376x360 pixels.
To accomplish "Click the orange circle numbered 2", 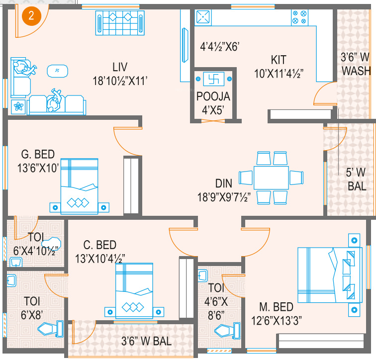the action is [31, 16].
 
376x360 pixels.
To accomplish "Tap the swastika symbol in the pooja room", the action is [213, 79].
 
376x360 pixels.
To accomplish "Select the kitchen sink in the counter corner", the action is [203, 17].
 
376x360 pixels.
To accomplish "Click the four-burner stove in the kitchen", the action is [299, 17].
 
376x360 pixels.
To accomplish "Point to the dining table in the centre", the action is [271, 178].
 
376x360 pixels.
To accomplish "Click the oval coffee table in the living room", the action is [57, 71].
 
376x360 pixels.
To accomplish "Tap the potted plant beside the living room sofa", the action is [18, 106].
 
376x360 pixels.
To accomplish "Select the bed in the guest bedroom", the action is [80, 186].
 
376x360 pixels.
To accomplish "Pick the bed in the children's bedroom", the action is [134, 291].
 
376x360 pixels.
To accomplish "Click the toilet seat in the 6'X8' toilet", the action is [51, 329].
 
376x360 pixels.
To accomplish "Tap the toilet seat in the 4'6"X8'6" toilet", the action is [227, 331].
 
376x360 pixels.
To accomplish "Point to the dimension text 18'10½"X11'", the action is [120, 81].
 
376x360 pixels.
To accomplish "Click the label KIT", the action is [279, 60].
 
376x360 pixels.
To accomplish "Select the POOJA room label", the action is [213, 96].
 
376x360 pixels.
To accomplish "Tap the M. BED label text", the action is [276, 307].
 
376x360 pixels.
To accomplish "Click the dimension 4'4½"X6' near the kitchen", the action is [220, 47].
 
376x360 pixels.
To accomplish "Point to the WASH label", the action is [356, 71].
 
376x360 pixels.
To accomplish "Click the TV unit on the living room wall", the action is [185, 45].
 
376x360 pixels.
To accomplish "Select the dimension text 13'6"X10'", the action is [38, 168].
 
